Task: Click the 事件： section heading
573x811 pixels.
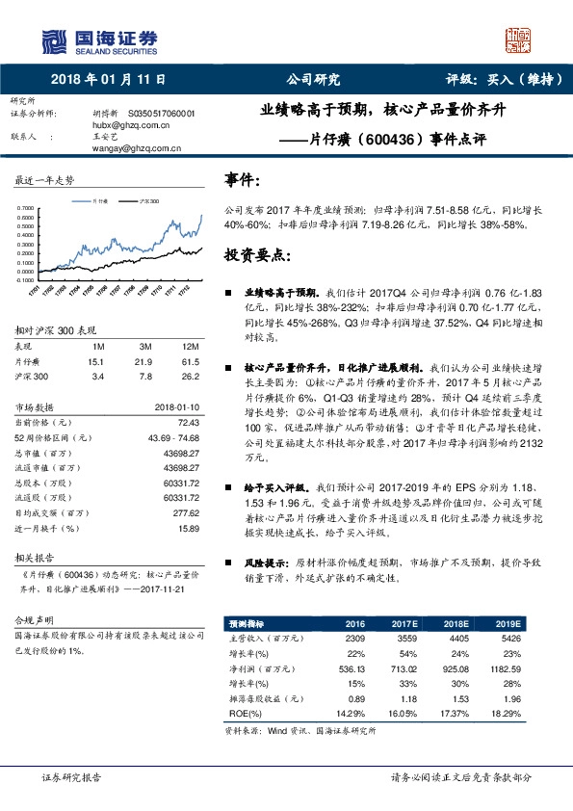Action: coord(243,179)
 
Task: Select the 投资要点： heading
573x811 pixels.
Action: coord(255,255)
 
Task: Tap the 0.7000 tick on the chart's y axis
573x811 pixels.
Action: coord(28,207)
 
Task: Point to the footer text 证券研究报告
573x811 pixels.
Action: coord(72,775)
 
